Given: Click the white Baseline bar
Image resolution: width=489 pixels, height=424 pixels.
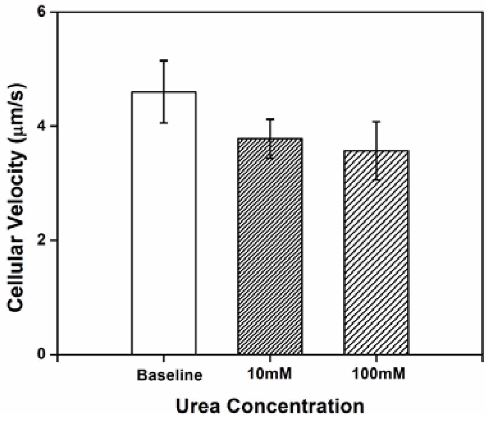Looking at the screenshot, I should (x=164, y=224).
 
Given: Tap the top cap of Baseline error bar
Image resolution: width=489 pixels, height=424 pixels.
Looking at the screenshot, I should (x=164, y=60).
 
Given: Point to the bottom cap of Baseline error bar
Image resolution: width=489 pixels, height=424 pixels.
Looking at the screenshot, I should (x=164, y=123).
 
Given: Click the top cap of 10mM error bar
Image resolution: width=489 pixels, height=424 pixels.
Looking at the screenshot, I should (x=270, y=119).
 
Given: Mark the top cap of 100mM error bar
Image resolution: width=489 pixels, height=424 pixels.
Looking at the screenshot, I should (x=376, y=122).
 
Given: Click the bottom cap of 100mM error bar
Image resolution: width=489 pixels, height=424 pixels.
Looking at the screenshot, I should (x=376, y=180).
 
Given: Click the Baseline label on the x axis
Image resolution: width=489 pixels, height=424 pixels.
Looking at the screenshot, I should (x=170, y=375).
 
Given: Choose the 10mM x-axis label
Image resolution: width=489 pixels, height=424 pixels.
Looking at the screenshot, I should (x=270, y=373).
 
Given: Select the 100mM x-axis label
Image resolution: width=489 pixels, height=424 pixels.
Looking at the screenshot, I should (x=379, y=373).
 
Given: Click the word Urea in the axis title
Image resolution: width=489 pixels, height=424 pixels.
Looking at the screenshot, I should (x=198, y=406).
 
